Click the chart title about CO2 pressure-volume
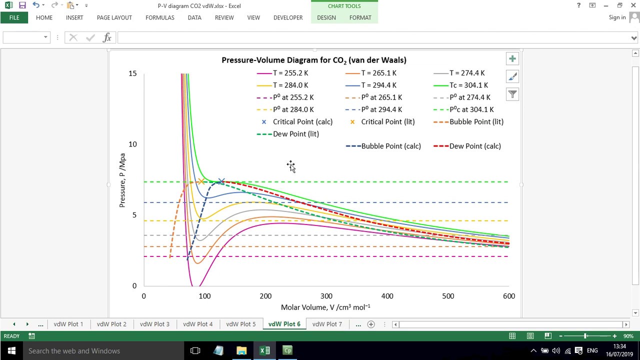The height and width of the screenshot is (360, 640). coord(314,60)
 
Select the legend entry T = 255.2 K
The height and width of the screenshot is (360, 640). coord(282,73)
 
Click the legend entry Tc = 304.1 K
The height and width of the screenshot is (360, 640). coord(460,85)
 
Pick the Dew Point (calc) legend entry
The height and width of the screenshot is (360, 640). coord(467,146)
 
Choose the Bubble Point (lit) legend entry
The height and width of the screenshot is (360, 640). coord(468,121)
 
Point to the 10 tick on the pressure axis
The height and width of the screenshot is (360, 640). coord(132,144)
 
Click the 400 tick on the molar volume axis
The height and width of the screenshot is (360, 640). coord(387,296)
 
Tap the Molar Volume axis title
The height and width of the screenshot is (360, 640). coord(325,307)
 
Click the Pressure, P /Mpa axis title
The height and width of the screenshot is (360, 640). coord(122,180)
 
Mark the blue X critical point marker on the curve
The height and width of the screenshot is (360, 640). coord(221,181)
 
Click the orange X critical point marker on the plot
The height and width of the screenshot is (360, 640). coord(201,181)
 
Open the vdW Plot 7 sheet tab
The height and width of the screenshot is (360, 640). coord(327,324)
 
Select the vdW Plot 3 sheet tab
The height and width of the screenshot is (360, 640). coord(154,324)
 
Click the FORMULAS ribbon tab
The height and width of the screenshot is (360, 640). coord(159,17)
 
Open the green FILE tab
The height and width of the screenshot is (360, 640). coord(14,17)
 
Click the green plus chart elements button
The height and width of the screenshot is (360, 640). coord(512,59)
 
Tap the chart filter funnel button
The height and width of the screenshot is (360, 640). coord(512,94)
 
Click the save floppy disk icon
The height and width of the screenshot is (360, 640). coord(22,5)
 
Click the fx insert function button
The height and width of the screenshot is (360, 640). coord(107,37)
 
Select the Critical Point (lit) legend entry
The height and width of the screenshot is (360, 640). coord(382,121)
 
